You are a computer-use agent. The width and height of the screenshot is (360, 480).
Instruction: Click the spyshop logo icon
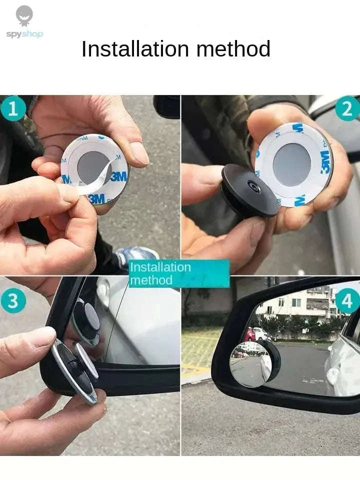pyautogui.click(x=24, y=16)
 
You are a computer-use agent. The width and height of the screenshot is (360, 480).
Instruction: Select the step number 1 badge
pyautogui.click(x=13, y=109)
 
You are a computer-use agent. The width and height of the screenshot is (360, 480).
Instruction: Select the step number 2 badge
pyautogui.click(x=347, y=109)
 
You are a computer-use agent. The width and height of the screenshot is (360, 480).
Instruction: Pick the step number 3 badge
pyautogui.click(x=13, y=300)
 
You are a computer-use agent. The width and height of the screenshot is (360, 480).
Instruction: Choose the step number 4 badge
pyautogui.click(x=347, y=300)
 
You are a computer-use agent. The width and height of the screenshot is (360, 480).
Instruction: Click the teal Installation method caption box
pyautogui.click(x=179, y=273)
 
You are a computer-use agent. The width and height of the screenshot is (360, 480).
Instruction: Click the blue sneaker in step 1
pyautogui.click(x=135, y=255)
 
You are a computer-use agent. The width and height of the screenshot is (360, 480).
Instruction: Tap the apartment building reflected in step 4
pyautogui.click(x=300, y=303)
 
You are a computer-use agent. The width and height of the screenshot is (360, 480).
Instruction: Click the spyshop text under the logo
pyautogui.click(x=24, y=34)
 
